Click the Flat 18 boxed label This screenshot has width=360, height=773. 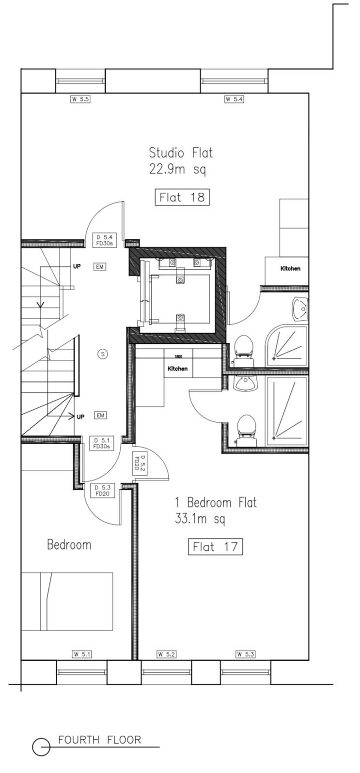point(182,197)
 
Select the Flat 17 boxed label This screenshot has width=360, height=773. point(215,547)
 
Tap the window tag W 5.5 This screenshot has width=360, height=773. point(80,99)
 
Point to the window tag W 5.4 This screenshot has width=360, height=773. point(234,99)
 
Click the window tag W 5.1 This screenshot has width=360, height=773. point(82,654)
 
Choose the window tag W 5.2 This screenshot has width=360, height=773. point(166,654)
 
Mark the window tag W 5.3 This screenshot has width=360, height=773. point(246,654)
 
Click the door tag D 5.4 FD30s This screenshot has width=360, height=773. point(104,240)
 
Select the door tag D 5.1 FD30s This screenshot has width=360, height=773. point(102,443)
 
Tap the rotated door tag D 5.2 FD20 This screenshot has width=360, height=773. point(140,463)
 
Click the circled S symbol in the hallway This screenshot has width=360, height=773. point(103,354)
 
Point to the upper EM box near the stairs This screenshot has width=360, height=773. point(100,267)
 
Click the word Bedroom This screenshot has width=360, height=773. point(69,544)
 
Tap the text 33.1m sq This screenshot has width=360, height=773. point(200,519)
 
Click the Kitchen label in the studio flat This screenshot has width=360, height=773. point(290,268)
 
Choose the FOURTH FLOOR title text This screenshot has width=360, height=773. point(100,740)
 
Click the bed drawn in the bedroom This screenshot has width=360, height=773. point(67,602)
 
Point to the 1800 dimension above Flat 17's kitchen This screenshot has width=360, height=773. point(178,356)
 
